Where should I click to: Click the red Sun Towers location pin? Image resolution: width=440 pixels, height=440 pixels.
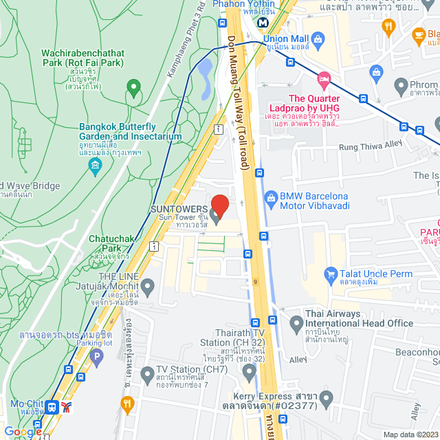point(219,205)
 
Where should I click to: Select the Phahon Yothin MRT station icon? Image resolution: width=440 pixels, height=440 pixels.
point(262,22)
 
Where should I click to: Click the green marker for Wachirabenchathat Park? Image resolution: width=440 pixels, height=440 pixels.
point(133,88)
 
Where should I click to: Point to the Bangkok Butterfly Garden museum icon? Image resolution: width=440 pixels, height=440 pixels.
point(95,166)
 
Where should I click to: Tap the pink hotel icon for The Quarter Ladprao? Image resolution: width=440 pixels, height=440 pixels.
point(324,78)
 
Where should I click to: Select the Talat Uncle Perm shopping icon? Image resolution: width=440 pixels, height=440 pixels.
point(331,274)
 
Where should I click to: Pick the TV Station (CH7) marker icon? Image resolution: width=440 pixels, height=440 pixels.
point(146,374)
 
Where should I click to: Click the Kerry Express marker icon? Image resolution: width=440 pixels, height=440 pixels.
point(327,397)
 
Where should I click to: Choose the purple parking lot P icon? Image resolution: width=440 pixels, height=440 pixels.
point(96,356)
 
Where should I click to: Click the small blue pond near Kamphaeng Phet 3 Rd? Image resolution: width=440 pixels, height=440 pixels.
point(204,69)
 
